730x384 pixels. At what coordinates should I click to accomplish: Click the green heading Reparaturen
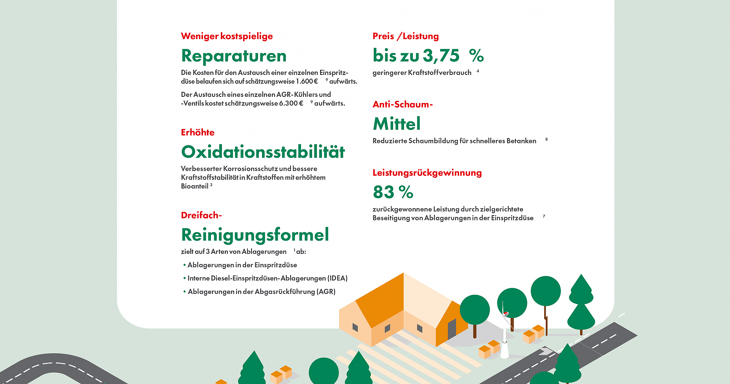click(234, 56)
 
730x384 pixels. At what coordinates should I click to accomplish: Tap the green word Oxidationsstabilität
click(263, 152)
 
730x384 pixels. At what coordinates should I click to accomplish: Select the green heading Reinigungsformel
click(255, 235)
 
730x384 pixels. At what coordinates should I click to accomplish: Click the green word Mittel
click(397, 124)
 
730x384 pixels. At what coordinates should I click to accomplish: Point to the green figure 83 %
click(393, 192)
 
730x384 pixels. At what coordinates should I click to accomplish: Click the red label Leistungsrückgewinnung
click(427, 173)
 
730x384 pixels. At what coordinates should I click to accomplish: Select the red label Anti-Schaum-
click(403, 104)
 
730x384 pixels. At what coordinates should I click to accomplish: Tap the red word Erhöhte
click(197, 132)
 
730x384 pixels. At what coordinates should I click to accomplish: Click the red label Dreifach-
click(201, 215)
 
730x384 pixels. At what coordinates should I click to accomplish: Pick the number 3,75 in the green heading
click(441, 56)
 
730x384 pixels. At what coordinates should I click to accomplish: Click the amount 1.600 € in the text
click(307, 81)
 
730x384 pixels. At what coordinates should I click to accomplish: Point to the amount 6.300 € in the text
click(291, 103)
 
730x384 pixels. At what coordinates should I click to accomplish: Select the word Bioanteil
click(195, 186)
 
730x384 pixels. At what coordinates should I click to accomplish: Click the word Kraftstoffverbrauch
click(439, 73)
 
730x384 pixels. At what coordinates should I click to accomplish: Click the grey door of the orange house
click(452, 328)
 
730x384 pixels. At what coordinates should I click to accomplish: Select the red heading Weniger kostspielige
click(227, 36)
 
